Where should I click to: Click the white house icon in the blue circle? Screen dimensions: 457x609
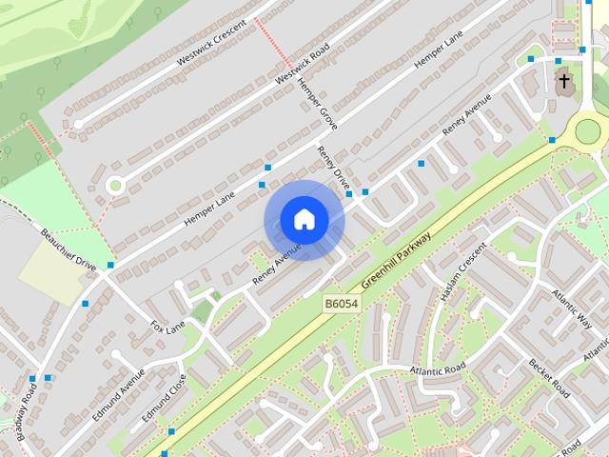(304, 220)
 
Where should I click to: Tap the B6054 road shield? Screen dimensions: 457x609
(341, 303)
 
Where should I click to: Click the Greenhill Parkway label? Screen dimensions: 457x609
(397, 260)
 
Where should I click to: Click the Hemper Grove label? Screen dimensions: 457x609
(317, 105)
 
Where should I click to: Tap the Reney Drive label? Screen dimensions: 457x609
(335, 168)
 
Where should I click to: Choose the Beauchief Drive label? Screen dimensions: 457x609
(69, 248)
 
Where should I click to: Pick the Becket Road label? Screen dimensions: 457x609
(549, 378)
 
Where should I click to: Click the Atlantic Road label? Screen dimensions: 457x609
(438, 368)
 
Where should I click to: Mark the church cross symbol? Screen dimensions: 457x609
(564, 82)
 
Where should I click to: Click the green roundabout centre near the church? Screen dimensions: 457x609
(588, 130)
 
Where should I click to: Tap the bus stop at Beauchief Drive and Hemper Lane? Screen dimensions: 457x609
(110, 266)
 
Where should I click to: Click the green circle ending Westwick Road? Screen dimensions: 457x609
(116, 185)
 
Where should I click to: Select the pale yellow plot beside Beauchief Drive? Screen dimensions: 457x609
(51, 270)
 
